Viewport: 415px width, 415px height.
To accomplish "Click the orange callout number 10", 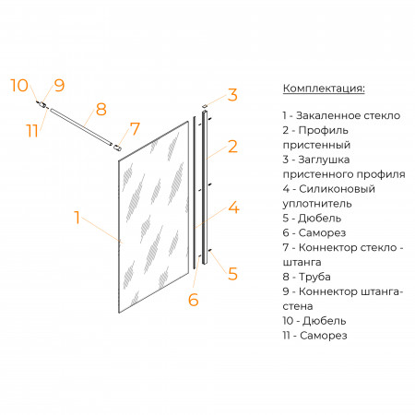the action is point(19,85).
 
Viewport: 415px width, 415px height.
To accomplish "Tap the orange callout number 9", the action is point(59,85).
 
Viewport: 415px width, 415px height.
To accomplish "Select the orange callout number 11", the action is point(32,131).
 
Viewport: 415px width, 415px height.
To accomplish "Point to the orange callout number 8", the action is point(101,109).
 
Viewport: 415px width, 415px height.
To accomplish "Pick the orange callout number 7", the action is point(135,128).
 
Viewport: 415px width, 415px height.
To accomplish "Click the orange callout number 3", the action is point(232,95).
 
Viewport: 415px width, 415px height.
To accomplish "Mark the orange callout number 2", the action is point(232,147).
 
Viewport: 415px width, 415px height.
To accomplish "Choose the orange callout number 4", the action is point(233,207).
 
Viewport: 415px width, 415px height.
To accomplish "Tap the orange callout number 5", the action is point(233,274).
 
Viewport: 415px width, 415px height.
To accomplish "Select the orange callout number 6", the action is point(194,300).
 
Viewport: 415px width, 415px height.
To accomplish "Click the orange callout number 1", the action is point(77,217).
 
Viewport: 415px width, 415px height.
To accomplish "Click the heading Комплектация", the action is point(324,89).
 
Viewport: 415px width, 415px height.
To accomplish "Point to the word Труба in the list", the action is point(314,277).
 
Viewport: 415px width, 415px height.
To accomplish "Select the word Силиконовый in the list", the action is point(337,189).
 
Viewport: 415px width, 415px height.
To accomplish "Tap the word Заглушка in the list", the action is point(324,160).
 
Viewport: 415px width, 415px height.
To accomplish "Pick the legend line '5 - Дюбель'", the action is point(312,219).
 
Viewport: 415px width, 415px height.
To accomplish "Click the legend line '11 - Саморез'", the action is point(314,336).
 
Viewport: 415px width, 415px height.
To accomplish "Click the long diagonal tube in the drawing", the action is point(81,126).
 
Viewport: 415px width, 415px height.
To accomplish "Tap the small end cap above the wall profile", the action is point(205,106).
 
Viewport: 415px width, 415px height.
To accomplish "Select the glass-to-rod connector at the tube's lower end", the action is point(117,147).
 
